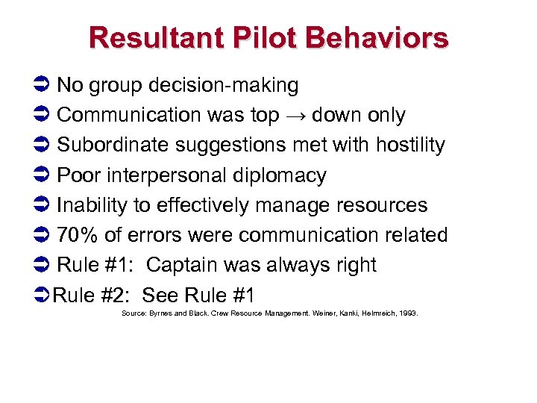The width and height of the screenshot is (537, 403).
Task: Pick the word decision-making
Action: [x=224, y=86]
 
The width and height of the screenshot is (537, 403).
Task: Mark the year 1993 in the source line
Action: [x=409, y=314]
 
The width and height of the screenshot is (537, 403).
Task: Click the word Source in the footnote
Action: [x=131, y=314]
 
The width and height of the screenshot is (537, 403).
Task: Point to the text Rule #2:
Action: [x=94, y=295]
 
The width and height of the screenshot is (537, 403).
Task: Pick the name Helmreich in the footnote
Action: [x=375, y=314]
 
